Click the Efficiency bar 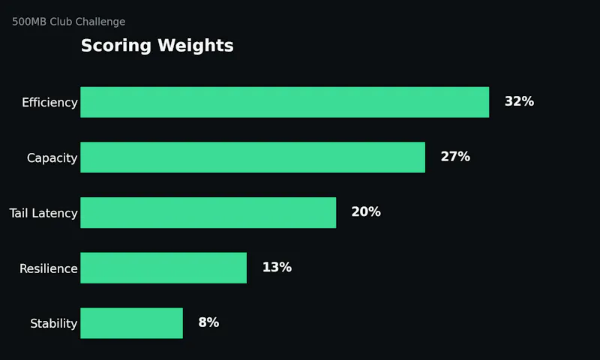click(x=285, y=102)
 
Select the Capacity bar click(x=253, y=157)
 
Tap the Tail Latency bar click(x=208, y=213)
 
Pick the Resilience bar click(x=163, y=268)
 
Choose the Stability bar click(x=132, y=323)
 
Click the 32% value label click(x=519, y=101)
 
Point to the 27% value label click(x=455, y=157)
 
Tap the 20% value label click(x=366, y=212)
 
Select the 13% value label click(x=277, y=267)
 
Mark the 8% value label click(x=209, y=322)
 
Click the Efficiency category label click(x=49, y=103)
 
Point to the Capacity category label click(x=52, y=158)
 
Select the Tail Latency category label click(x=43, y=213)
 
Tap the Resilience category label click(x=49, y=268)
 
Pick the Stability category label click(x=54, y=324)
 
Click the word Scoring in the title click(x=116, y=46)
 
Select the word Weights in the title click(x=196, y=46)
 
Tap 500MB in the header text click(x=29, y=22)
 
